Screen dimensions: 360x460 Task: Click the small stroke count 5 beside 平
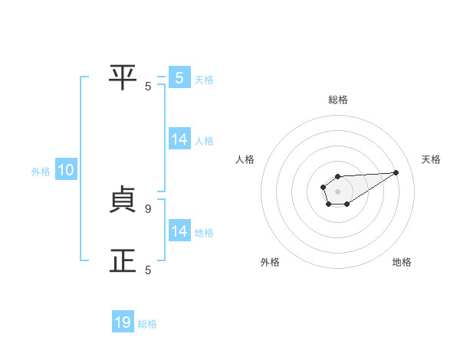click(x=148, y=86)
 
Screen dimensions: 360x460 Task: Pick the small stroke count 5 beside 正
click(x=148, y=270)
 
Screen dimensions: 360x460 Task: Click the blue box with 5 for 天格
click(x=179, y=78)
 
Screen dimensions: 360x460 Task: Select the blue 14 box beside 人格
click(x=179, y=139)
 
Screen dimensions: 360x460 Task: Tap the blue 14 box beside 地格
click(x=179, y=231)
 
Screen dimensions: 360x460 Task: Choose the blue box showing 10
click(x=66, y=171)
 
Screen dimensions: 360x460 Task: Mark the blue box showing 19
click(x=123, y=323)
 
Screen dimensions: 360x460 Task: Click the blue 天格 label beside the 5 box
click(x=204, y=79)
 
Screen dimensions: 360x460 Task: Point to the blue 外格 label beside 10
click(x=41, y=172)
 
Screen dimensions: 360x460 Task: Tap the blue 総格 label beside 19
click(x=147, y=324)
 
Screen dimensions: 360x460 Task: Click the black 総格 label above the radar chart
click(x=338, y=100)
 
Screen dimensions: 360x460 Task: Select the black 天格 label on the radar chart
click(x=431, y=159)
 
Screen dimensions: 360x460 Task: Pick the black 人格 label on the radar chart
click(x=245, y=159)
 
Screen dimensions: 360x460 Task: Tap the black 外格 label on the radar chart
click(x=270, y=262)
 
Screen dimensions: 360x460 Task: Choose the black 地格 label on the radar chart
click(x=402, y=262)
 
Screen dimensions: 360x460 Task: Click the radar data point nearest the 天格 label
click(x=396, y=172)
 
